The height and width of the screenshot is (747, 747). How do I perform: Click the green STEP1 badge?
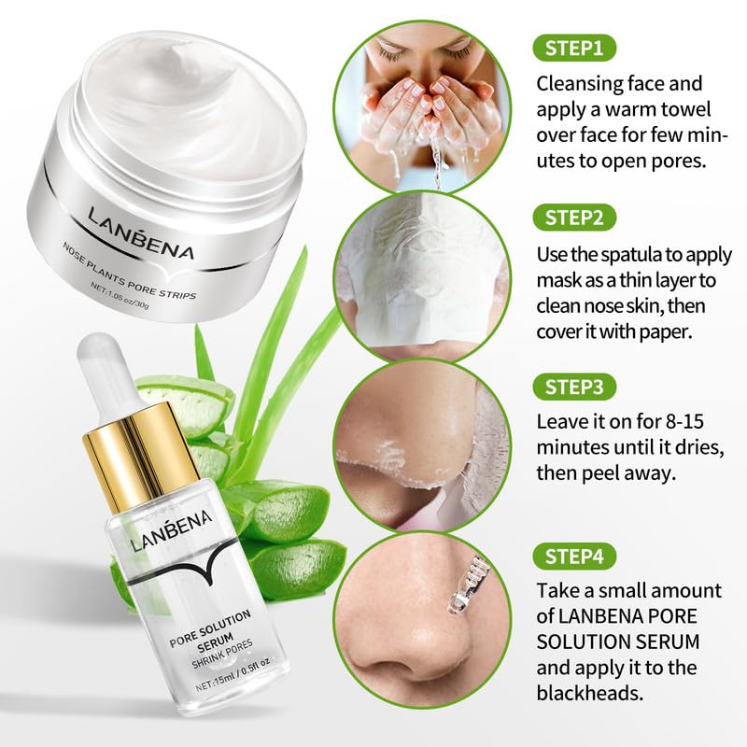[574, 49]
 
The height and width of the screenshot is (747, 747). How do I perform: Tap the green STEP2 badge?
[574, 218]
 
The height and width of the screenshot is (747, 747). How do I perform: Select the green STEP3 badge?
[574, 387]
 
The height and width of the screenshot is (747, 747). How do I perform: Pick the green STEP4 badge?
[574, 556]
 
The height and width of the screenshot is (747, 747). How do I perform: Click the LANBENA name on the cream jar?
[142, 234]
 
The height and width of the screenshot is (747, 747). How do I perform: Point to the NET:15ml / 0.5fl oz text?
[233, 674]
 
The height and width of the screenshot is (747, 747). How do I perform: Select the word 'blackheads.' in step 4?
[590, 693]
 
